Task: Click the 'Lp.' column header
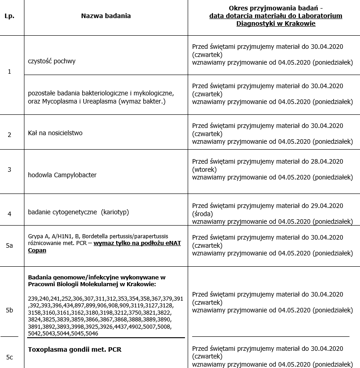[9, 16]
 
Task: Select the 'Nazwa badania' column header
[106, 16]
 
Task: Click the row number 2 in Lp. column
[9, 135]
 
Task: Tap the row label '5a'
[9, 245]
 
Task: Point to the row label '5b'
[9, 310]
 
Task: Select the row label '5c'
[9, 357]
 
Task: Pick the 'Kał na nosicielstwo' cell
[55, 133]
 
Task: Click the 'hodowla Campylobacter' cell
[62, 175]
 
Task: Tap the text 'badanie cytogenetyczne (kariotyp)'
[72, 212]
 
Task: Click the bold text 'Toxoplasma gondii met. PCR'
[75, 349]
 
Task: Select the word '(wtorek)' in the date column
[204, 170]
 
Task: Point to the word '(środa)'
[204, 213]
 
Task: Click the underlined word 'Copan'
[37, 250]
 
